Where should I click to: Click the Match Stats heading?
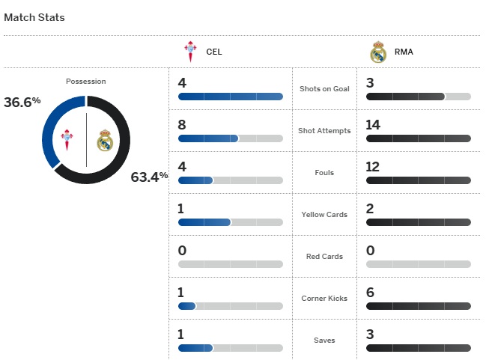[x=34, y=17]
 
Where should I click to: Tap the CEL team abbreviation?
[x=214, y=52]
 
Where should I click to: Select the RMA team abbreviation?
[x=404, y=52]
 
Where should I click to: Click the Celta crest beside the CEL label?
[x=190, y=52]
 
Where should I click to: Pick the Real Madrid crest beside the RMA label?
[x=378, y=52]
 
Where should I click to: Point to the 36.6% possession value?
[x=22, y=102]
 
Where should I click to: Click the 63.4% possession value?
[x=149, y=177]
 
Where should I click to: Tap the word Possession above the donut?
[x=86, y=81]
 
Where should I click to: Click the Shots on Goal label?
[x=324, y=89]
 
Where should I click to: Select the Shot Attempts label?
[x=324, y=131]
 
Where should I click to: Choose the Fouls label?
[x=324, y=173]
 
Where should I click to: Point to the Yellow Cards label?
[x=324, y=215]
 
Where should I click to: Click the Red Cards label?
[x=324, y=257]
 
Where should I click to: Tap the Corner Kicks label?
[x=324, y=299]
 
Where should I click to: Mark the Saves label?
[x=324, y=341]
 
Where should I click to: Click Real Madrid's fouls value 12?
[x=374, y=166]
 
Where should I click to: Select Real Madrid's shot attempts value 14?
[x=374, y=124]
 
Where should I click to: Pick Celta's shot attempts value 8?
[x=182, y=124]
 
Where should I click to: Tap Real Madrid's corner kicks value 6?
[x=370, y=292]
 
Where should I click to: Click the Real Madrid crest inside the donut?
[x=104, y=140]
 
